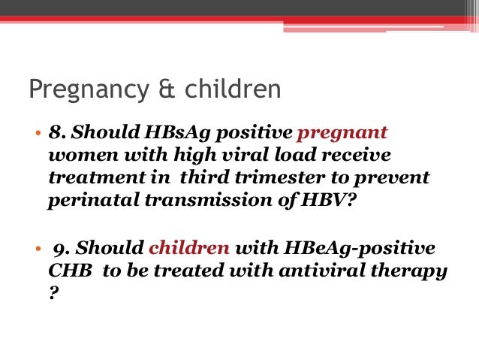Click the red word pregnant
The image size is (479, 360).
click(x=342, y=134)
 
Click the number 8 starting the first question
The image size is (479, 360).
click(x=55, y=133)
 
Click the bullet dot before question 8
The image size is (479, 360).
click(x=36, y=135)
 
